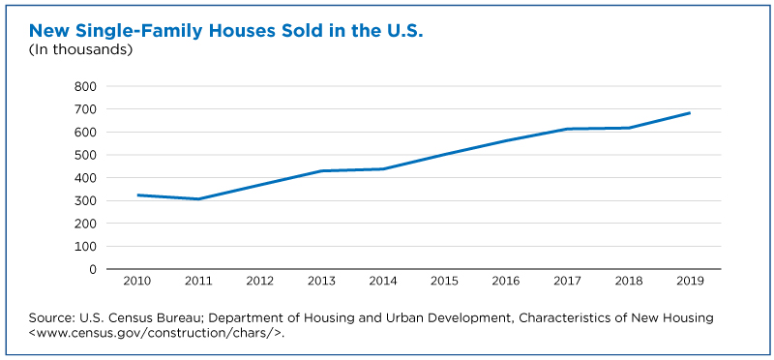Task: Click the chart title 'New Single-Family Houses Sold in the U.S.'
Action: point(226,31)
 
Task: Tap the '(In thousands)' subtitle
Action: point(80,50)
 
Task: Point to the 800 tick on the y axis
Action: point(85,86)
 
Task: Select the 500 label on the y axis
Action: point(85,155)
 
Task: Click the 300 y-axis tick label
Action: point(85,200)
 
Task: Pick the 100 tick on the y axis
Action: point(85,247)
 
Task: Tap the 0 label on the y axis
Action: point(92,269)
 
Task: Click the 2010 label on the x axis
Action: point(136,282)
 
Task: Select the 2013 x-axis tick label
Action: point(321,282)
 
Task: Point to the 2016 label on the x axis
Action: point(506,282)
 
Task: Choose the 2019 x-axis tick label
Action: point(690,282)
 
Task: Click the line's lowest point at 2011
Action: point(198,199)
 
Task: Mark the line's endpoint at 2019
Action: point(690,113)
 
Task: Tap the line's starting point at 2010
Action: point(137,195)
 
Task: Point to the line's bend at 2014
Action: point(383,169)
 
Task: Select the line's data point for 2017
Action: point(567,129)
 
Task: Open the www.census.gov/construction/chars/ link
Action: point(156,332)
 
